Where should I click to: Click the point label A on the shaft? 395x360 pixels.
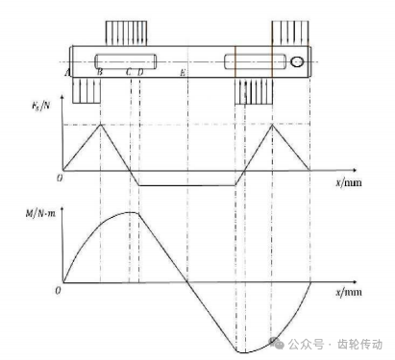click(x=67, y=73)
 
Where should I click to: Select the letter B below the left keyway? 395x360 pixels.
click(x=100, y=72)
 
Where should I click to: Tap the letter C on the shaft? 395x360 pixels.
click(x=129, y=72)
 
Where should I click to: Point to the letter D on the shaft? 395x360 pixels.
click(x=140, y=72)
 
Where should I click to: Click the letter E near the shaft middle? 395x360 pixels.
click(x=183, y=73)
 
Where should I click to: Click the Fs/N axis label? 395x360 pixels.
click(x=41, y=105)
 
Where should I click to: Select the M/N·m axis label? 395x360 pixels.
click(x=40, y=213)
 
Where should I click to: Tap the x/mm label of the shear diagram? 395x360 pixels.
click(x=349, y=182)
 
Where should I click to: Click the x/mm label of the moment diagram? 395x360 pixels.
click(x=349, y=292)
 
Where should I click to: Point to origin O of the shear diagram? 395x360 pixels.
click(x=60, y=179)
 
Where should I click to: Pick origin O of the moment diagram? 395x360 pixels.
click(x=58, y=291)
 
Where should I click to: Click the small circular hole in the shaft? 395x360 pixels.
click(x=297, y=61)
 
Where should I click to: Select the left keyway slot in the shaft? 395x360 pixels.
click(x=126, y=61)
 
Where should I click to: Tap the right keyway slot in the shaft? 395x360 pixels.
click(x=255, y=61)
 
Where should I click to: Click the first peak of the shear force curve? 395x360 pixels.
click(x=101, y=124)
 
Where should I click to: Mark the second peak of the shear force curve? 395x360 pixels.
click(x=272, y=124)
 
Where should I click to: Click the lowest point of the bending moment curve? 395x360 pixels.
click(x=243, y=353)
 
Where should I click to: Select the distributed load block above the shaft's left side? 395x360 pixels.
click(x=126, y=34)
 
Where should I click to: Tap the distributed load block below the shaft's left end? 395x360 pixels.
click(x=86, y=90)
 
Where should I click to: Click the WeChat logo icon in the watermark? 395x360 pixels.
click(x=277, y=343)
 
